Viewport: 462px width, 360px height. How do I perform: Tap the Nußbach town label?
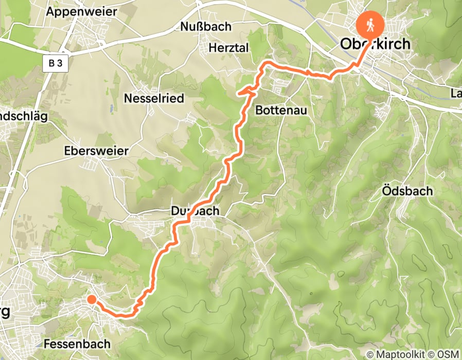(x=205, y=27)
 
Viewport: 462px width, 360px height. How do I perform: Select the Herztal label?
(x=229, y=48)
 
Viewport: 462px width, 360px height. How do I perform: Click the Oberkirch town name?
(x=376, y=44)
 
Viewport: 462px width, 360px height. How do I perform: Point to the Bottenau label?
(x=281, y=110)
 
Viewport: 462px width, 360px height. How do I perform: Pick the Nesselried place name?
(x=154, y=98)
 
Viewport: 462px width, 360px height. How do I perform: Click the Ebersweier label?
(x=96, y=151)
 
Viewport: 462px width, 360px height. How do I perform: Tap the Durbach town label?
(x=195, y=211)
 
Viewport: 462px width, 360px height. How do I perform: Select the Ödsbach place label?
(x=408, y=191)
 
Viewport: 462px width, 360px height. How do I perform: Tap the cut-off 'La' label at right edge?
(x=456, y=94)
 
